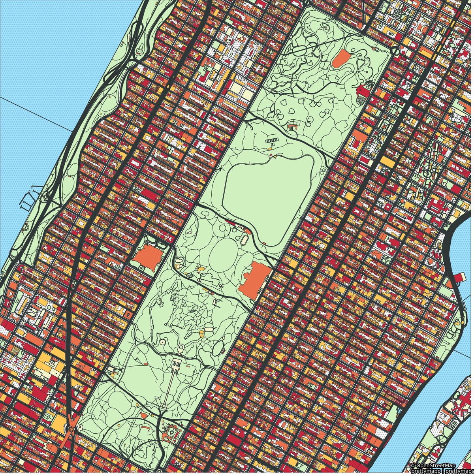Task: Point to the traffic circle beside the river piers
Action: click(x=46, y=195)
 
